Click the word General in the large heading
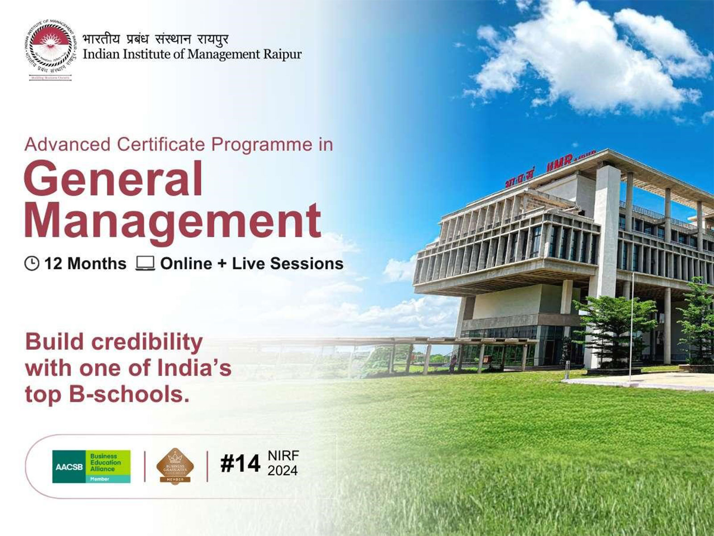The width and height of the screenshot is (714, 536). pyautogui.click(x=114, y=180)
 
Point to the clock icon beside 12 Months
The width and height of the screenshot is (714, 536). pyautogui.click(x=32, y=264)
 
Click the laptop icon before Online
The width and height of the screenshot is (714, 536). pyautogui.click(x=145, y=264)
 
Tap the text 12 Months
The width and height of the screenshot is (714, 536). pyautogui.click(x=85, y=264)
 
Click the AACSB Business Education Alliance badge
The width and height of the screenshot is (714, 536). pyautogui.click(x=91, y=466)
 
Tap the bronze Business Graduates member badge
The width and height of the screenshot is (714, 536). pyautogui.click(x=175, y=466)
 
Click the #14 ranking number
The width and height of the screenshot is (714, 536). pyautogui.click(x=240, y=464)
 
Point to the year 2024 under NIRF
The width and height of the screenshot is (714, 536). pyautogui.click(x=282, y=471)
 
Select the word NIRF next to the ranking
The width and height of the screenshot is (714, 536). pyautogui.click(x=283, y=456)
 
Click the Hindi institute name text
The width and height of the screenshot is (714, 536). pyautogui.click(x=155, y=39)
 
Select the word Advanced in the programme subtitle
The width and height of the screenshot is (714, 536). pyautogui.click(x=67, y=145)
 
